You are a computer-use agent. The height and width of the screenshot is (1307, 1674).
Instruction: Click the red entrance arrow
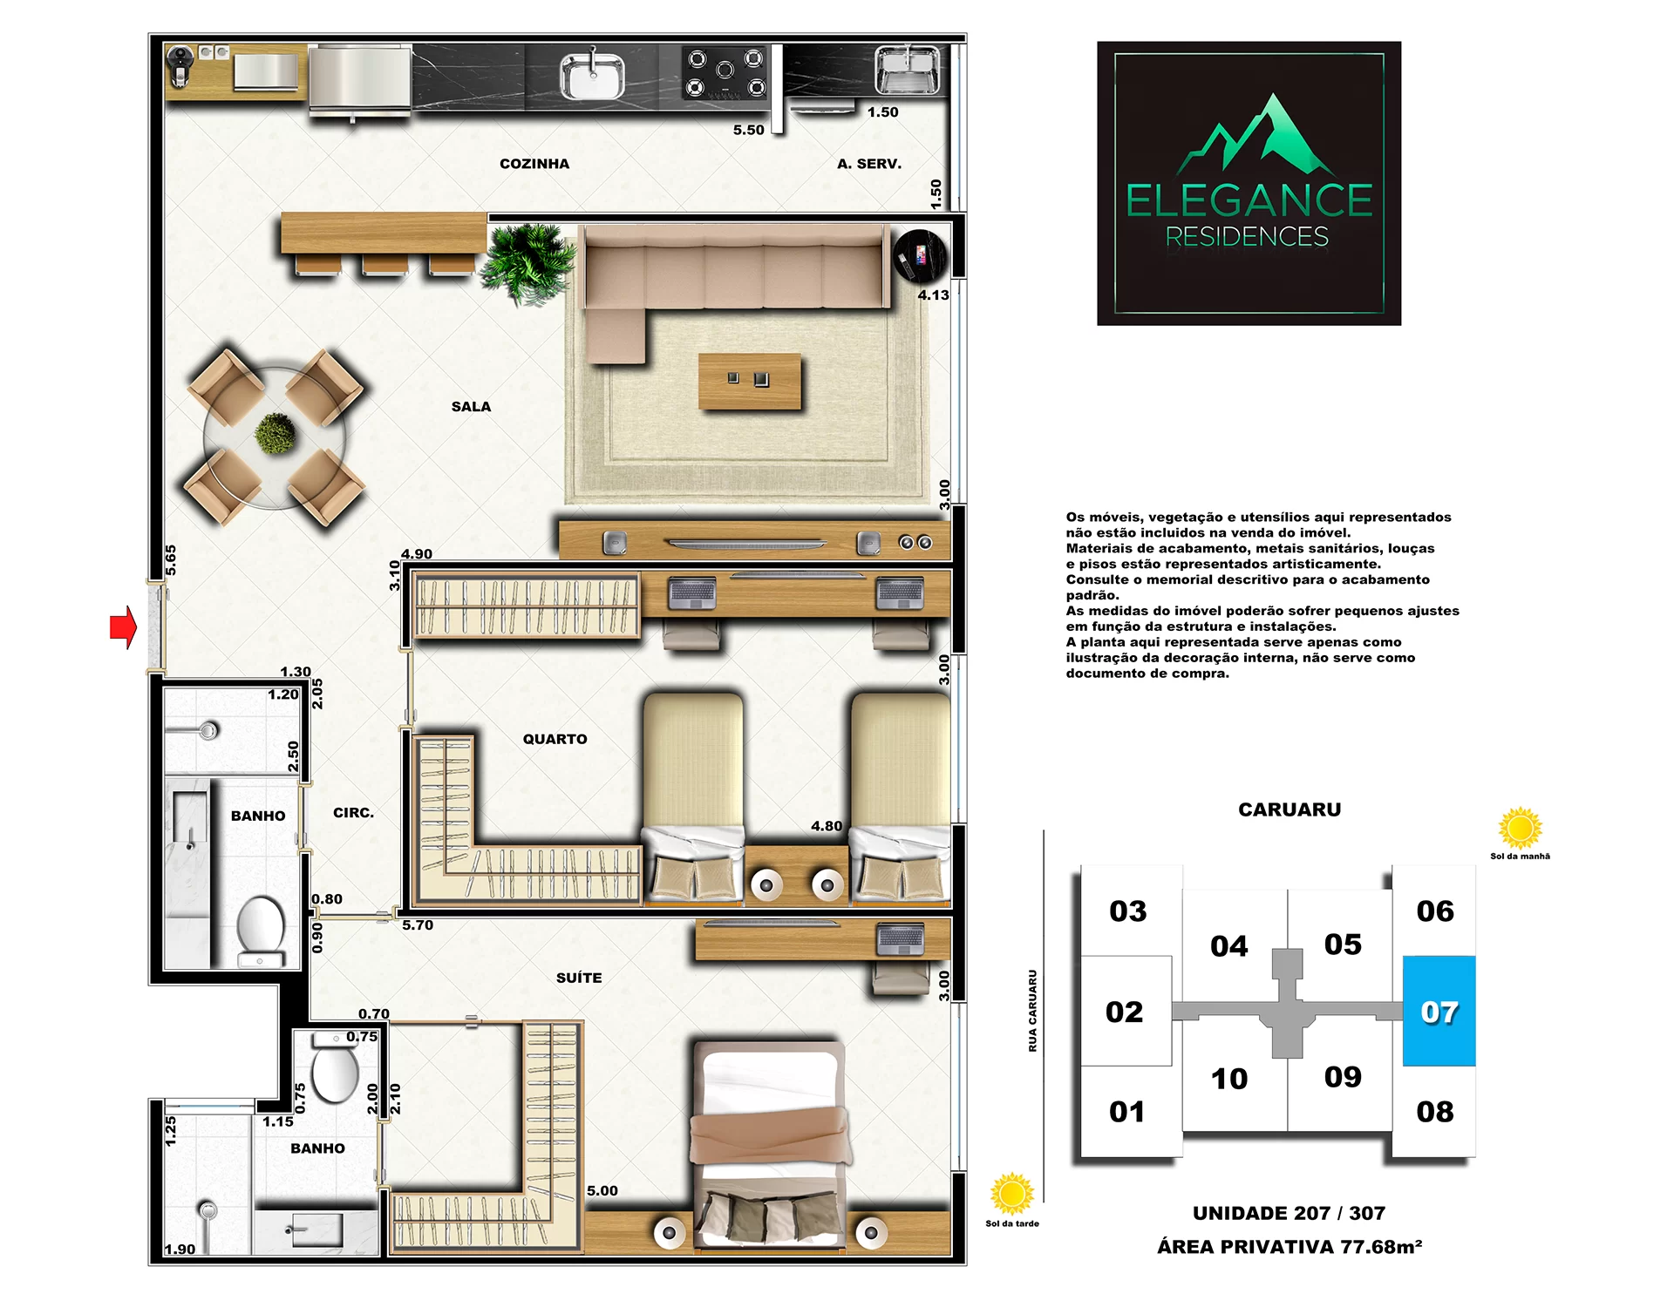point(123,626)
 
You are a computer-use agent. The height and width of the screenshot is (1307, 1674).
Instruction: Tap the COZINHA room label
point(534,164)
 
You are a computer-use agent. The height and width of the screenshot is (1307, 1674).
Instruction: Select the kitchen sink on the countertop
point(592,76)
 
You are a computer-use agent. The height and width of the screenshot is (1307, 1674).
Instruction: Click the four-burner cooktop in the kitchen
point(725,72)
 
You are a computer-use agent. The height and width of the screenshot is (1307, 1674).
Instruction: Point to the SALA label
point(471,407)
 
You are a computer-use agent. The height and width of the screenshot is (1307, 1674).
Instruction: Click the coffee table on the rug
point(750,381)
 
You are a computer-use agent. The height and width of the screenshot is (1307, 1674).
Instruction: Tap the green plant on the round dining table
point(276,433)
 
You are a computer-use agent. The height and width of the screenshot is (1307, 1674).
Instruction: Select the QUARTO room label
point(555,739)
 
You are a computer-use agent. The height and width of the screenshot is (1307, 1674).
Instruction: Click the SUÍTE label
point(579,978)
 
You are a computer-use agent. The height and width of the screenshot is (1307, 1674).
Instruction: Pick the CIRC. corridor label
point(353,813)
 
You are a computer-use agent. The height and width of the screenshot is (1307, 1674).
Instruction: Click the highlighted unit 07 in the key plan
point(1439,1011)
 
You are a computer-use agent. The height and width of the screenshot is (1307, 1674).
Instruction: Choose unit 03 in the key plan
point(1128,911)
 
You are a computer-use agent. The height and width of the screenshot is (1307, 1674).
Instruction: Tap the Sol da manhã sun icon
point(1521,828)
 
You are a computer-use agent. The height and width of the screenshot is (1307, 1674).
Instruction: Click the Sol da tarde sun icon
point(1012,1194)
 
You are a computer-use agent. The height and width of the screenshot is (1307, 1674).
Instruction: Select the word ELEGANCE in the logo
point(1249,200)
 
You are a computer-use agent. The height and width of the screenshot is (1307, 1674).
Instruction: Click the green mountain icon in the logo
point(1257,135)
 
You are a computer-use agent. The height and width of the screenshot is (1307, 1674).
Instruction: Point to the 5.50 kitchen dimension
point(748,130)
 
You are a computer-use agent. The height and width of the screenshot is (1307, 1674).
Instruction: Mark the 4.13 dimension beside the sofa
point(933,295)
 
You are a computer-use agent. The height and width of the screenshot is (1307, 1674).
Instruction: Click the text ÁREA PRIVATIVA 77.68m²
point(1290,1247)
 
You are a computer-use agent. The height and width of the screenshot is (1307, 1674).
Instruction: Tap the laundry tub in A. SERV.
point(908,70)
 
